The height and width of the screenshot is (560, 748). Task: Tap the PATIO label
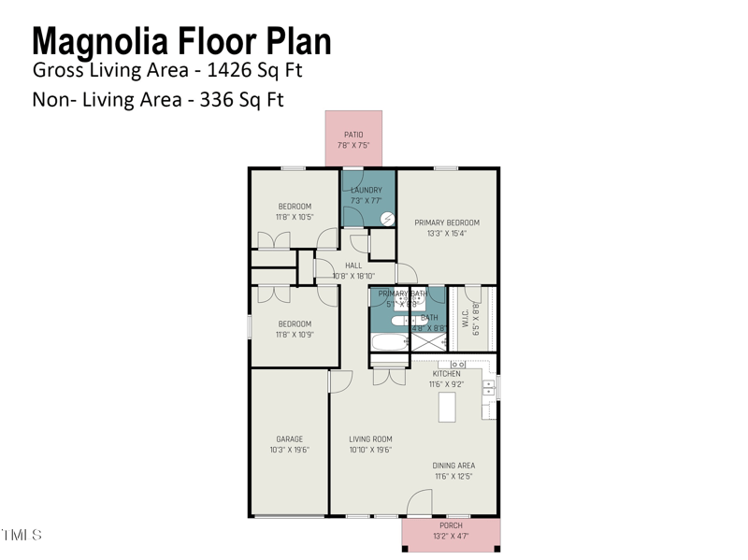(353, 135)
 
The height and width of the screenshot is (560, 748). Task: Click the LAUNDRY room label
(366, 190)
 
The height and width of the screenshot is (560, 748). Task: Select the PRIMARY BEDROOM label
(447, 223)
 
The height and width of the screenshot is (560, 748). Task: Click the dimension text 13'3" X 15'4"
(447, 234)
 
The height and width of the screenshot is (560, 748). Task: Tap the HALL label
(353, 266)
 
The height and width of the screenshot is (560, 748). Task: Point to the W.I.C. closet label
(465, 319)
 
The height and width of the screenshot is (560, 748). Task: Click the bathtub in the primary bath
(389, 340)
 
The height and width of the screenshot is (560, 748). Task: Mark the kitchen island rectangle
(447, 407)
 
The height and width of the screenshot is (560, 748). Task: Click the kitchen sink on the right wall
(488, 387)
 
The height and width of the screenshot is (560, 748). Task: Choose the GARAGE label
(289, 438)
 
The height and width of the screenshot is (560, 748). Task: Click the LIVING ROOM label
(370, 438)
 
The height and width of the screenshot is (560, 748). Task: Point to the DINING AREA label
(453, 465)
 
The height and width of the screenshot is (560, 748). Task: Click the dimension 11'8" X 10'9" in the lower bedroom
(295, 335)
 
